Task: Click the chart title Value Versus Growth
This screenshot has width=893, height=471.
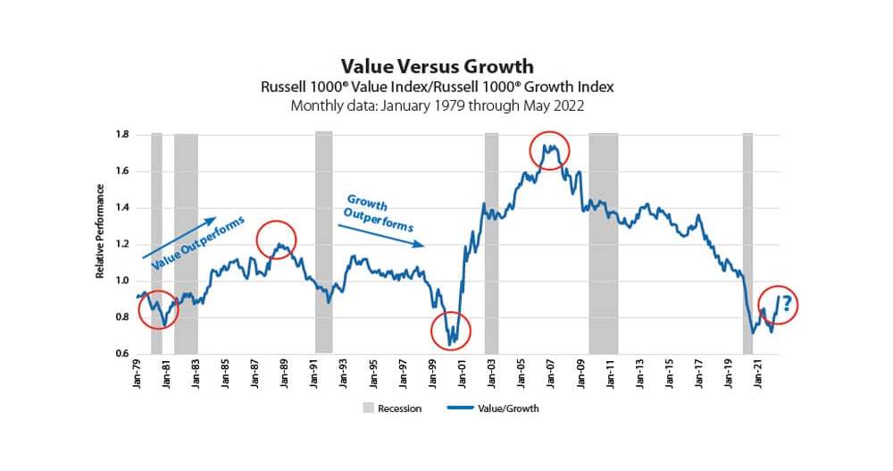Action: point(437,67)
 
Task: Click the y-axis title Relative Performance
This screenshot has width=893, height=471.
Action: point(100,231)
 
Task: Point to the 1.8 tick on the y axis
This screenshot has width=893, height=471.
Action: point(121,135)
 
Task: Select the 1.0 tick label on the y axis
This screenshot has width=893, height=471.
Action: point(121,281)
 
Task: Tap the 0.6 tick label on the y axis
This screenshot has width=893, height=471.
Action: point(121,354)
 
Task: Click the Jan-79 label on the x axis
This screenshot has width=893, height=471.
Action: point(138,374)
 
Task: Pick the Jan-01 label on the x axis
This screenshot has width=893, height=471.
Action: point(462,374)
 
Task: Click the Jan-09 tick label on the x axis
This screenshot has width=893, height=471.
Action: point(580,374)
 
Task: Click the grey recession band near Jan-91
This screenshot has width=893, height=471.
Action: point(323,241)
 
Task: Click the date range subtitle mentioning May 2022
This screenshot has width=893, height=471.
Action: point(437,105)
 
